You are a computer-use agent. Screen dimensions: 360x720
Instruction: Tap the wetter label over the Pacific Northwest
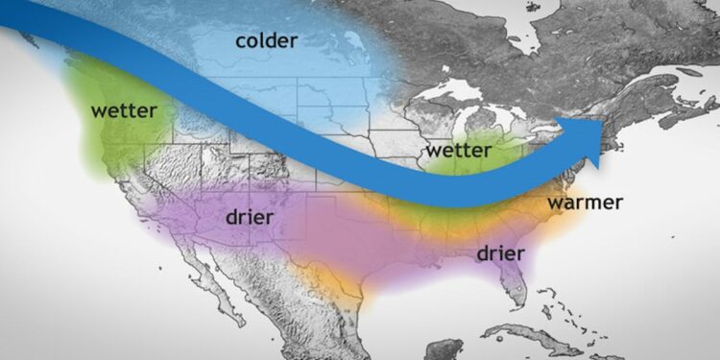tap(124, 110)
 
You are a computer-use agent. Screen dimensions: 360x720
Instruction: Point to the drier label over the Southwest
tap(249, 218)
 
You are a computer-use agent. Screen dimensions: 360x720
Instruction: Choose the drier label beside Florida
tap(500, 253)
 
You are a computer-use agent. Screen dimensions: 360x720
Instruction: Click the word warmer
tap(585, 203)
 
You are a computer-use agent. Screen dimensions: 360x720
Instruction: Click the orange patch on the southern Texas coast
tap(331, 278)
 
